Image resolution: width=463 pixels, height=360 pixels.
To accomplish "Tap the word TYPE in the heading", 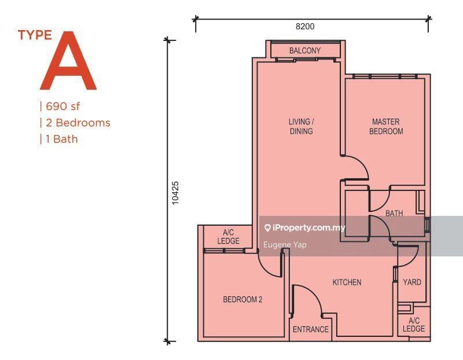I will [35, 35].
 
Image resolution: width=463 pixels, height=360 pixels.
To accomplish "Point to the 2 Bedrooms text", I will [76, 123].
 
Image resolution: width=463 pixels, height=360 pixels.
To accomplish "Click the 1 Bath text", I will [60, 139].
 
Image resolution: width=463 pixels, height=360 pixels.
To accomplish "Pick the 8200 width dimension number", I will [305, 26].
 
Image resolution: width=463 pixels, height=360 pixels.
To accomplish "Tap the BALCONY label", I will [304, 51].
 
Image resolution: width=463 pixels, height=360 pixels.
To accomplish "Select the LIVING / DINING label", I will [301, 127].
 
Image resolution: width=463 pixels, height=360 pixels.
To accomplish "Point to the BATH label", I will [394, 214].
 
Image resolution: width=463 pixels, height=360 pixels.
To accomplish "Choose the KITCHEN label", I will [347, 282].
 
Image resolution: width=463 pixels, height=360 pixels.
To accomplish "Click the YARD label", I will [412, 282].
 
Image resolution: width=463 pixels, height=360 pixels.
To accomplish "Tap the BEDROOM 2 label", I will [243, 300].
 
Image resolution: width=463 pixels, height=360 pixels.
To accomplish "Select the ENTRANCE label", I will [310, 330].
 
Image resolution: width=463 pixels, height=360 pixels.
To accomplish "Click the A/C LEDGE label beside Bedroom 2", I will [228, 237].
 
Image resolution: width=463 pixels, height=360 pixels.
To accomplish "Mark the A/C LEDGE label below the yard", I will [414, 325].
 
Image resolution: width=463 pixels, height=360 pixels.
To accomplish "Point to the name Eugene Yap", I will [285, 245].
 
